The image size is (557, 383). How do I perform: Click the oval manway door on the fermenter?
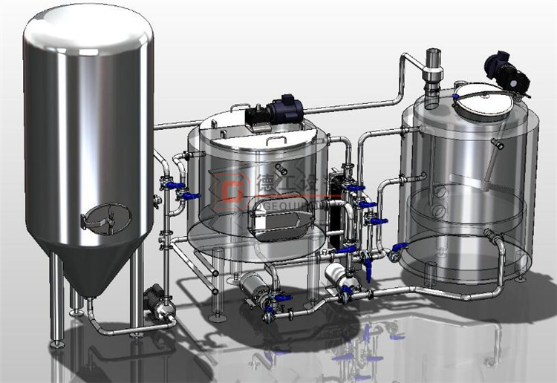pyautogui.click(x=106, y=216)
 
